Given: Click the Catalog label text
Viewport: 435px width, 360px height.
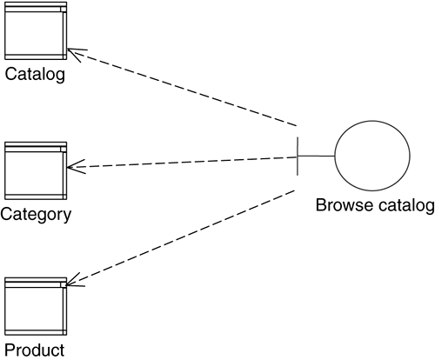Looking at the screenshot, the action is coord(35,75).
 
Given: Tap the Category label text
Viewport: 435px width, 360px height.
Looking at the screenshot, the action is coord(36,215).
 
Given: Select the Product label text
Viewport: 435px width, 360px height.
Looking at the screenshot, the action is coord(35,350).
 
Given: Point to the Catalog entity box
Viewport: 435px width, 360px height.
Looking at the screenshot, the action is coord(36,31).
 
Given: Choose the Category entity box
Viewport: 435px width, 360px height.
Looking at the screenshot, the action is coord(36,170).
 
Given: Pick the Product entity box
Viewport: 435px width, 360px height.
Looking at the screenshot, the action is coord(36,306).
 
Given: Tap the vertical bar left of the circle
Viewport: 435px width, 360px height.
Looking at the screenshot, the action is coord(298,157).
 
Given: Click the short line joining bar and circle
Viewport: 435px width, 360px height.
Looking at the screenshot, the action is coord(317,157).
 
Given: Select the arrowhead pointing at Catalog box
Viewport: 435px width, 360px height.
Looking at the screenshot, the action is coord(76,53).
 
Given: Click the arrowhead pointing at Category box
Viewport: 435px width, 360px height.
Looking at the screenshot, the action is coord(76,167).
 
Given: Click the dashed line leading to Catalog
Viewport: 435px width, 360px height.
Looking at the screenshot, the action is coord(182,88).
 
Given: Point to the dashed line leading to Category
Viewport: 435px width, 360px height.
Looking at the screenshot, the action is coord(182,162).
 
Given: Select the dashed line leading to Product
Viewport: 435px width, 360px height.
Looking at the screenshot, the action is coord(180,237).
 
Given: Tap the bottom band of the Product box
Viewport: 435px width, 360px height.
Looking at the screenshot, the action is coord(36,332).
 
